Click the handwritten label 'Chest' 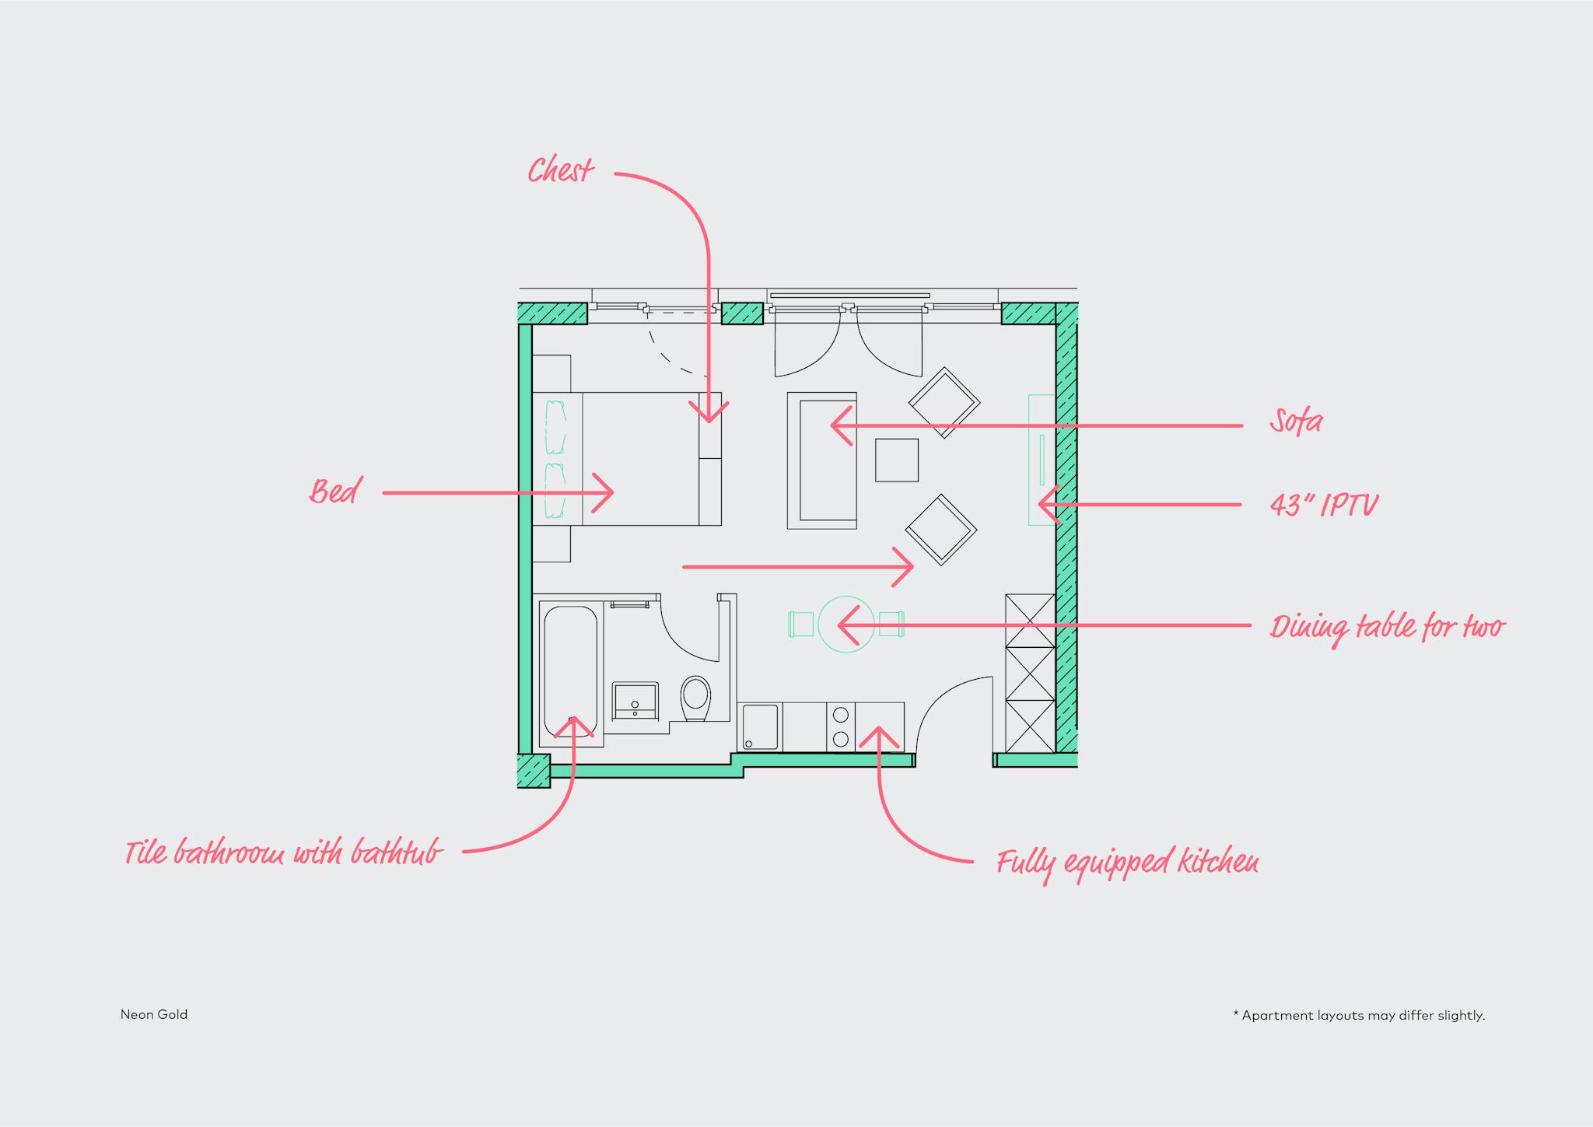(x=561, y=170)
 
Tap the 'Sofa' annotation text (x=1296, y=422)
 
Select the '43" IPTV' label (x=1324, y=506)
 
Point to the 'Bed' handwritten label (x=335, y=492)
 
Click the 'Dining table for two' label (x=1388, y=627)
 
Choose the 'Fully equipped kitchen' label (x=1128, y=863)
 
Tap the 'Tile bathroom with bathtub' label (x=284, y=852)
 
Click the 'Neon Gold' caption (x=154, y=1014)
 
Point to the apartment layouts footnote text (x=1359, y=1015)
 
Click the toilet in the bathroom (x=695, y=698)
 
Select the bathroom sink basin (x=635, y=701)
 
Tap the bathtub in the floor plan (x=570, y=672)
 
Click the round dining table (x=846, y=624)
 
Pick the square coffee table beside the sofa (x=897, y=460)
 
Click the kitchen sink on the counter (x=760, y=727)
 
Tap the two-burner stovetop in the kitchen (x=840, y=726)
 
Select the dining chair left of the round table (x=800, y=624)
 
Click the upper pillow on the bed (x=555, y=427)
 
